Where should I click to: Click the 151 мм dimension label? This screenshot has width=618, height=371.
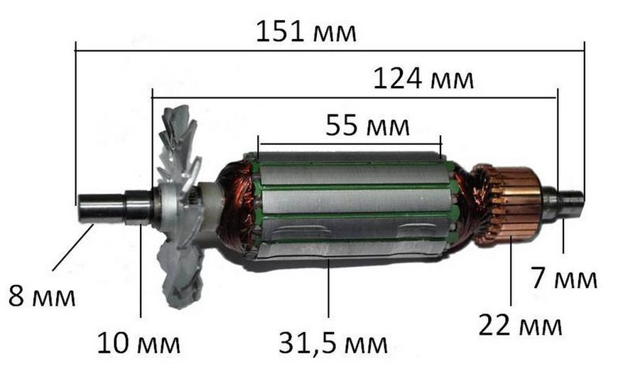click(306, 32)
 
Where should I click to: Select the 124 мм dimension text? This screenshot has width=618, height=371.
click(423, 79)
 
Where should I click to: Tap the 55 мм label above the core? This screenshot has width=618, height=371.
click(367, 125)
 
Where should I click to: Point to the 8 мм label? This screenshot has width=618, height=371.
click(42, 296)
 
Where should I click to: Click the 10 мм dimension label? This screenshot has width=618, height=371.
click(139, 343)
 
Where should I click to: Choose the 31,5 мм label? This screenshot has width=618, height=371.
click(333, 343)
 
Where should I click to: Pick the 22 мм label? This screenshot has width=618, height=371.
click(520, 326)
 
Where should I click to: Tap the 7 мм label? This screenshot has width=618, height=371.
click(564, 278)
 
